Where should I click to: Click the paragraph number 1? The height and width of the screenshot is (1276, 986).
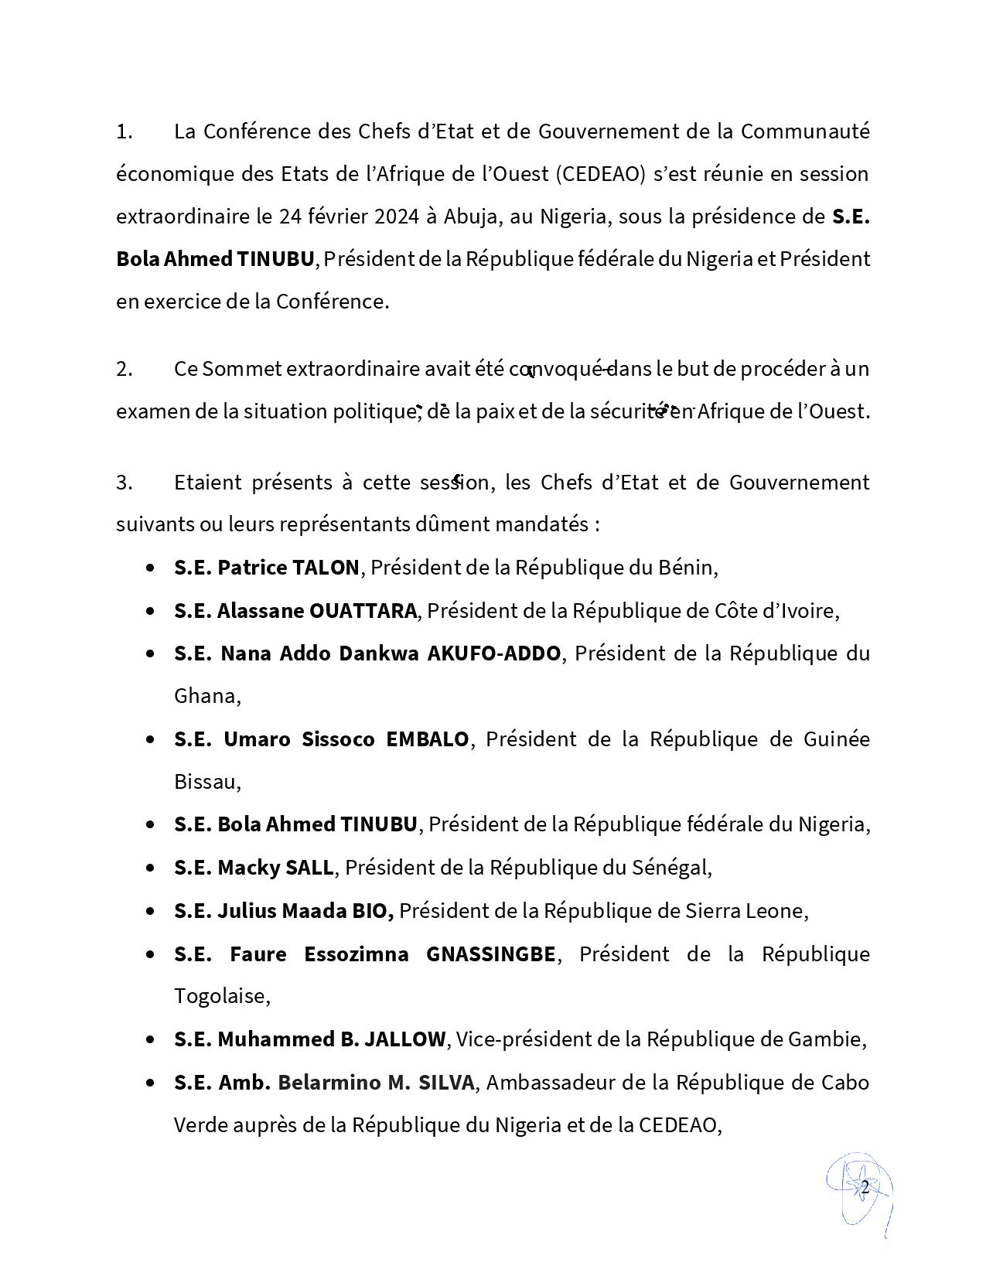click(x=124, y=132)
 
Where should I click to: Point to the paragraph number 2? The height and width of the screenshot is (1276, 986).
click(x=125, y=370)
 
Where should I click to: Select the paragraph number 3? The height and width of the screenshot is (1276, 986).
click(x=125, y=483)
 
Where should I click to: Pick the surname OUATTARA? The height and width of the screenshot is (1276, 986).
click(x=363, y=612)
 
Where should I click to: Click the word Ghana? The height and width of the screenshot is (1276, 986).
click(x=207, y=697)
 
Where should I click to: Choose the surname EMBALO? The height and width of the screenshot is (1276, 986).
click(x=428, y=740)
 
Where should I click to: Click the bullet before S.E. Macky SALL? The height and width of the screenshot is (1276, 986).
click(x=150, y=868)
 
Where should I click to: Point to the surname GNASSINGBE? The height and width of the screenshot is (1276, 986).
click(x=491, y=955)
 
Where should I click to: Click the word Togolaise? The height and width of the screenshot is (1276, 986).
click(x=220, y=997)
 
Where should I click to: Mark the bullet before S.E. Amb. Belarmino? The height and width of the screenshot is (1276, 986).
click(x=150, y=1083)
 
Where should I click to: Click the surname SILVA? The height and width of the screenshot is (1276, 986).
click(x=446, y=1083)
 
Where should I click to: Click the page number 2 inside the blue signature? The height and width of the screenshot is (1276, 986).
click(x=865, y=1187)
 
